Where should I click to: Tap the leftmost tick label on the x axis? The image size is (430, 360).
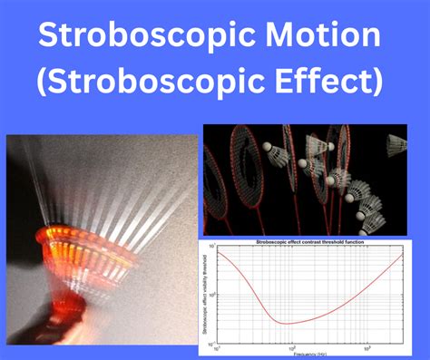coord(216,349)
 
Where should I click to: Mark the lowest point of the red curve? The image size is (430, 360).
coord(286,323)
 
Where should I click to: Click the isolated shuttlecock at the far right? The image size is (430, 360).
coord(396,144)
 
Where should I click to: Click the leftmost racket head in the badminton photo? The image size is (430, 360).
coord(221,178)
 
